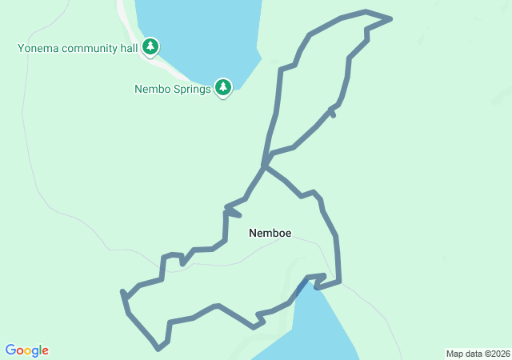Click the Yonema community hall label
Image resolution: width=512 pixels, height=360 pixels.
click(78, 48)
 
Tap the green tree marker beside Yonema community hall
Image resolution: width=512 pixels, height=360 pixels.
click(150, 47)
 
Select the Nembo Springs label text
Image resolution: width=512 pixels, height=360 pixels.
click(172, 89)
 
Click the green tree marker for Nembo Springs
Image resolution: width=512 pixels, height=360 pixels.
click(223, 87)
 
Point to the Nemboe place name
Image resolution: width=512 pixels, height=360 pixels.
click(270, 234)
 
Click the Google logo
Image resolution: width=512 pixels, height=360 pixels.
click(27, 350)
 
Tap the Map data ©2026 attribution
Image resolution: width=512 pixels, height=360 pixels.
click(477, 354)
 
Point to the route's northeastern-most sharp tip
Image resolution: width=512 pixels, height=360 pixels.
click(391, 18)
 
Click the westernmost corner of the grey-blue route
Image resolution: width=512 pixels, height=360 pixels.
click(122, 293)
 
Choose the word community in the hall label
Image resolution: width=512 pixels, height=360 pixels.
click(92, 48)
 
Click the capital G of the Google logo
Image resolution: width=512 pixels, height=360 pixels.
click(10, 350)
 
